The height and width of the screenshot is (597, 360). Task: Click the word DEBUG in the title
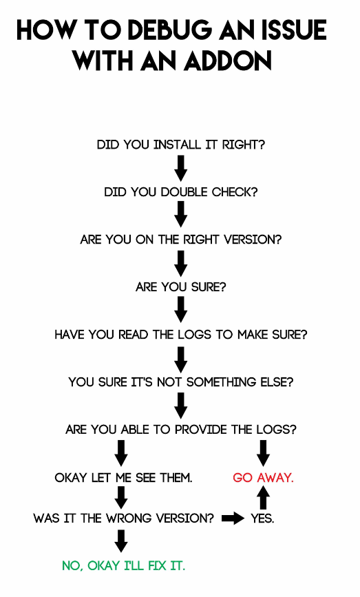[171, 30]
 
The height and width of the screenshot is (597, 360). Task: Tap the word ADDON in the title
[228, 61]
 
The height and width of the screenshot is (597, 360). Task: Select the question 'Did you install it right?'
[181, 145]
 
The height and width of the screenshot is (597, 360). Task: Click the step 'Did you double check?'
[181, 192]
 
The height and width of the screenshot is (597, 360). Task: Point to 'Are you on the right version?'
[181, 240]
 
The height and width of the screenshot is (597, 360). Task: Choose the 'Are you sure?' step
[181, 286]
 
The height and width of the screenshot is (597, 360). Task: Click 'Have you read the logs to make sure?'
[181, 334]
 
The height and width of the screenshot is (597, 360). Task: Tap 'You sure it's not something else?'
[181, 382]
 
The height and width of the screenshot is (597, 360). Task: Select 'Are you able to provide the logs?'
[181, 430]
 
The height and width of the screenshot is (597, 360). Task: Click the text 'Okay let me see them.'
[123, 477]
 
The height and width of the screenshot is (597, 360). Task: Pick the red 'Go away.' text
[264, 477]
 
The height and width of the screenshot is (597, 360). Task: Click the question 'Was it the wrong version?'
[124, 519]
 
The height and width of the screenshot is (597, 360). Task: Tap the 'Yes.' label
[262, 519]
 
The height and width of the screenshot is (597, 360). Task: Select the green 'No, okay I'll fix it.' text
[124, 566]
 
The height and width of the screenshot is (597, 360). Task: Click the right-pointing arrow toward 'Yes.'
[233, 519]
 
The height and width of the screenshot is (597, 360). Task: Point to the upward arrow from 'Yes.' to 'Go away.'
[264, 498]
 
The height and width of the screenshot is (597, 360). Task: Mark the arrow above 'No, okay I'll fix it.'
[121, 541]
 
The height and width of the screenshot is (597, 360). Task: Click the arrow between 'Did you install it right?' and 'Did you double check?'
[181, 168]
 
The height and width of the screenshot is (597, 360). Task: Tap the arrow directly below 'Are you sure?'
[181, 310]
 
